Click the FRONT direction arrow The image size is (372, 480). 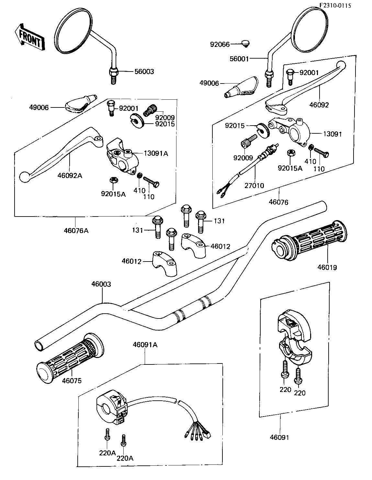coord(29,37)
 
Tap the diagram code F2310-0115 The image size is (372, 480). coord(335,6)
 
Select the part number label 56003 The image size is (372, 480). coord(144,72)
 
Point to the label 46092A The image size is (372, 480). coord(70,176)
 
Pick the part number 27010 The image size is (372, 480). coord(254,185)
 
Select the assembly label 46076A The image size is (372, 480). coord(76,230)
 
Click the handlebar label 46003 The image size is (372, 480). coord(101,284)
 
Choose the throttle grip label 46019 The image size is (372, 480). coord(327,267)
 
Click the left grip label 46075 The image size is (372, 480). coord(72,381)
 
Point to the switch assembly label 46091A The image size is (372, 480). coord(145,345)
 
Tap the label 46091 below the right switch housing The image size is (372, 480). coord(279,437)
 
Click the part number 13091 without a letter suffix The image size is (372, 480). coord(333,134)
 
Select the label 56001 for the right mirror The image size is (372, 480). coord(239,59)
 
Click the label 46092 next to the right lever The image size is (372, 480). coord(319,105)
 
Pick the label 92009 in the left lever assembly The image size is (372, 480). coord(165,118)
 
